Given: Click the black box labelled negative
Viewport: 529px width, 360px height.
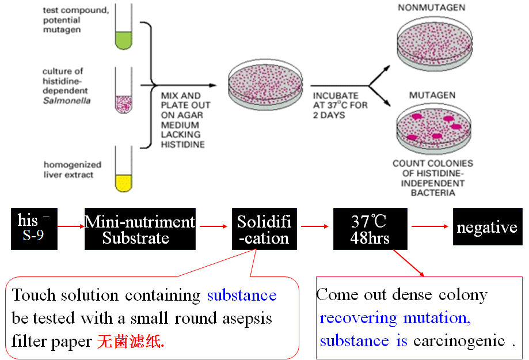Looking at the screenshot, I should pos(486,227).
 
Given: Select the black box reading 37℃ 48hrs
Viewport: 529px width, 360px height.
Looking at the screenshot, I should pos(370,229).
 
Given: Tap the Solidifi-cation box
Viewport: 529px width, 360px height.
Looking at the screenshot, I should pos(264,229).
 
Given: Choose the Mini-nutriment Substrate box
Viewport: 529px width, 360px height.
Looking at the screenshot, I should pos(140,229).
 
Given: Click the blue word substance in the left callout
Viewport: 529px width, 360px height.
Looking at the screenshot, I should pos(242,295).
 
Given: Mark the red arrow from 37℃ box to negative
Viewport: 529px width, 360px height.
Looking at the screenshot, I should pos(430,226).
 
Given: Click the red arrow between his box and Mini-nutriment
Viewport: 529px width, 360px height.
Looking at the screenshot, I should pos(71,226).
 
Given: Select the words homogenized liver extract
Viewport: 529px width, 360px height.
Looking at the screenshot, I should pos(72,169).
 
